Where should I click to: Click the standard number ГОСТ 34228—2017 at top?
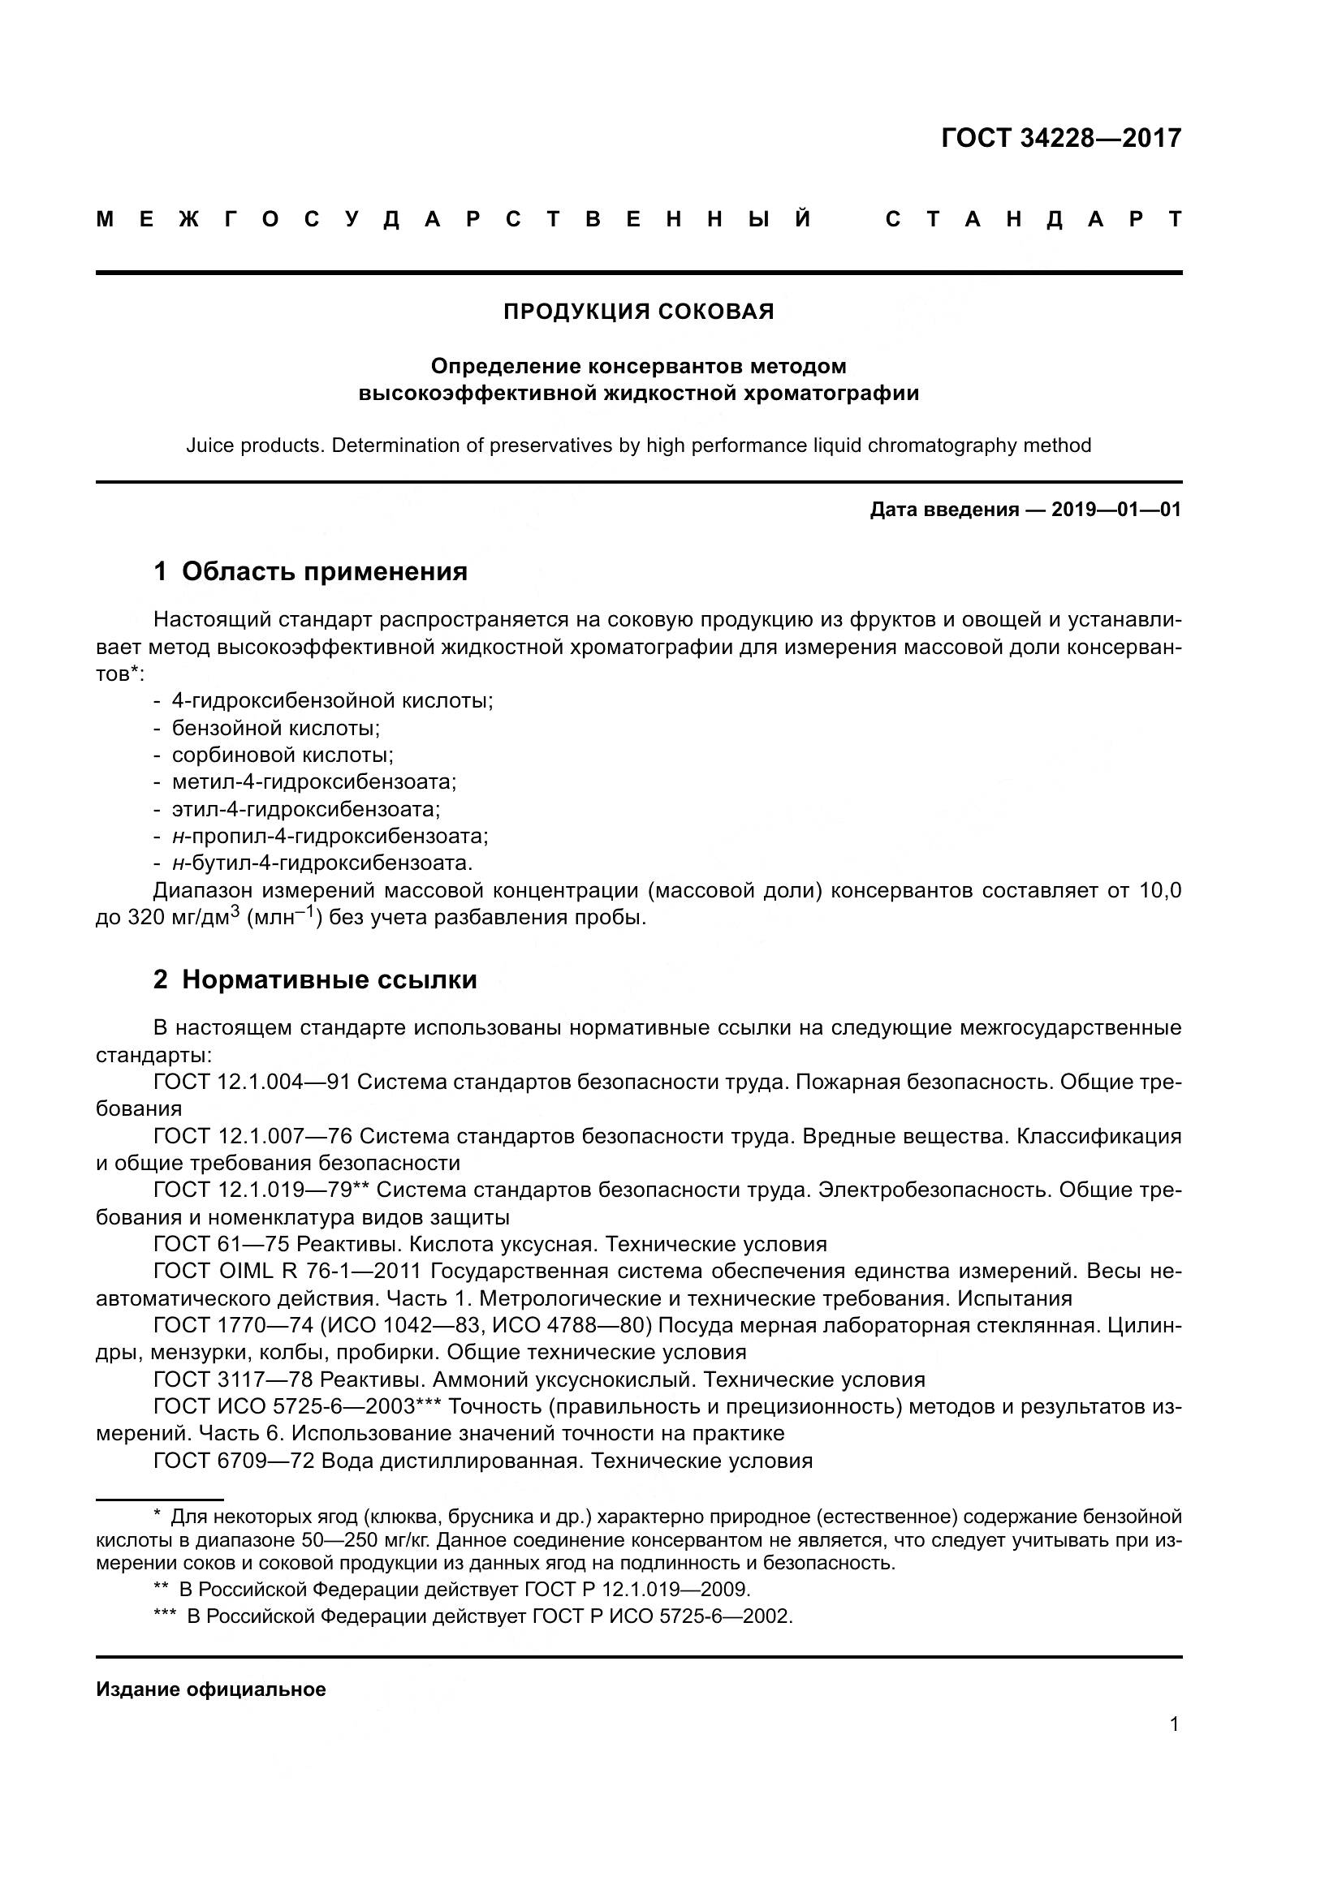point(1061,137)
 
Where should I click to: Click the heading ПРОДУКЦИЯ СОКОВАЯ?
point(638,312)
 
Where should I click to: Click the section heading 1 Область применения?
point(310,571)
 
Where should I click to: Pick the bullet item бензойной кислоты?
point(275,727)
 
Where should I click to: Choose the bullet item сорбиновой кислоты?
point(282,755)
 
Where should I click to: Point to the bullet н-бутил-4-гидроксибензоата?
point(321,863)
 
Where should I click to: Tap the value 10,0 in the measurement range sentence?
point(1160,890)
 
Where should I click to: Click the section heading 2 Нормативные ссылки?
point(315,979)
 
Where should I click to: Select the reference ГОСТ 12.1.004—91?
point(252,1082)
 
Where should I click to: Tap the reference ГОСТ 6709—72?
point(234,1461)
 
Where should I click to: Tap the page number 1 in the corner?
point(1173,1724)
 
